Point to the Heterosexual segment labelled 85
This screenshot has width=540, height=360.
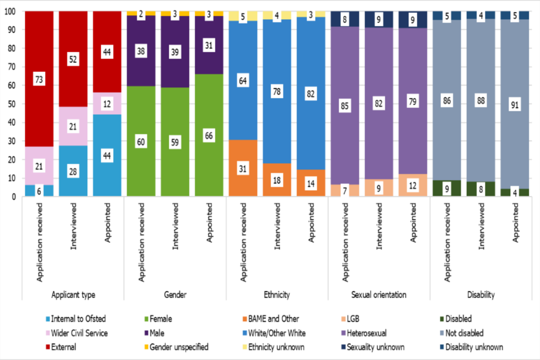pos(344,105)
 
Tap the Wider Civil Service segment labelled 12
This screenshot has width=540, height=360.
pos(107,104)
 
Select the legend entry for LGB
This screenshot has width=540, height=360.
pos(353,319)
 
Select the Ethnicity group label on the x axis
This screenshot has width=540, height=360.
pos(277,295)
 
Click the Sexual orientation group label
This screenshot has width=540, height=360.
pos(378,295)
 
